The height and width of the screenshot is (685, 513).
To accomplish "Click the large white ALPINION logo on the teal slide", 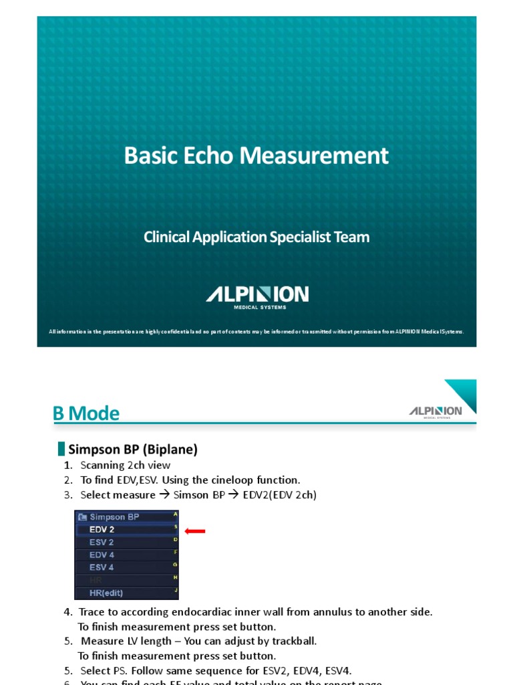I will point(256,294).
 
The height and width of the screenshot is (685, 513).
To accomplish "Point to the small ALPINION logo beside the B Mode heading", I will point(436,411).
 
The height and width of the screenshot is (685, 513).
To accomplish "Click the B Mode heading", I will point(86,413).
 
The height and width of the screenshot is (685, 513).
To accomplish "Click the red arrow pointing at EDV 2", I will point(195,532).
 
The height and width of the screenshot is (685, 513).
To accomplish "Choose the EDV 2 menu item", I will point(102,529).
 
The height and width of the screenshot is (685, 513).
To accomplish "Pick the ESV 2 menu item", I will point(102,542).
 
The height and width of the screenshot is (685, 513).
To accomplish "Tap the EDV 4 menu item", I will point(102,555).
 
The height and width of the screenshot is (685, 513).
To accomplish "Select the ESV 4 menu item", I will point(102,567).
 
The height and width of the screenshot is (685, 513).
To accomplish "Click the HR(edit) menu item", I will point(106,593).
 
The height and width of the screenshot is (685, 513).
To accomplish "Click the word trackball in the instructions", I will point(295,641).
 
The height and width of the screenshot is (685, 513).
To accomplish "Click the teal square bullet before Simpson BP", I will point(61,449).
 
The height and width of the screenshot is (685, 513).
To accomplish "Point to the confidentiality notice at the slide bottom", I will point(256,332).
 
